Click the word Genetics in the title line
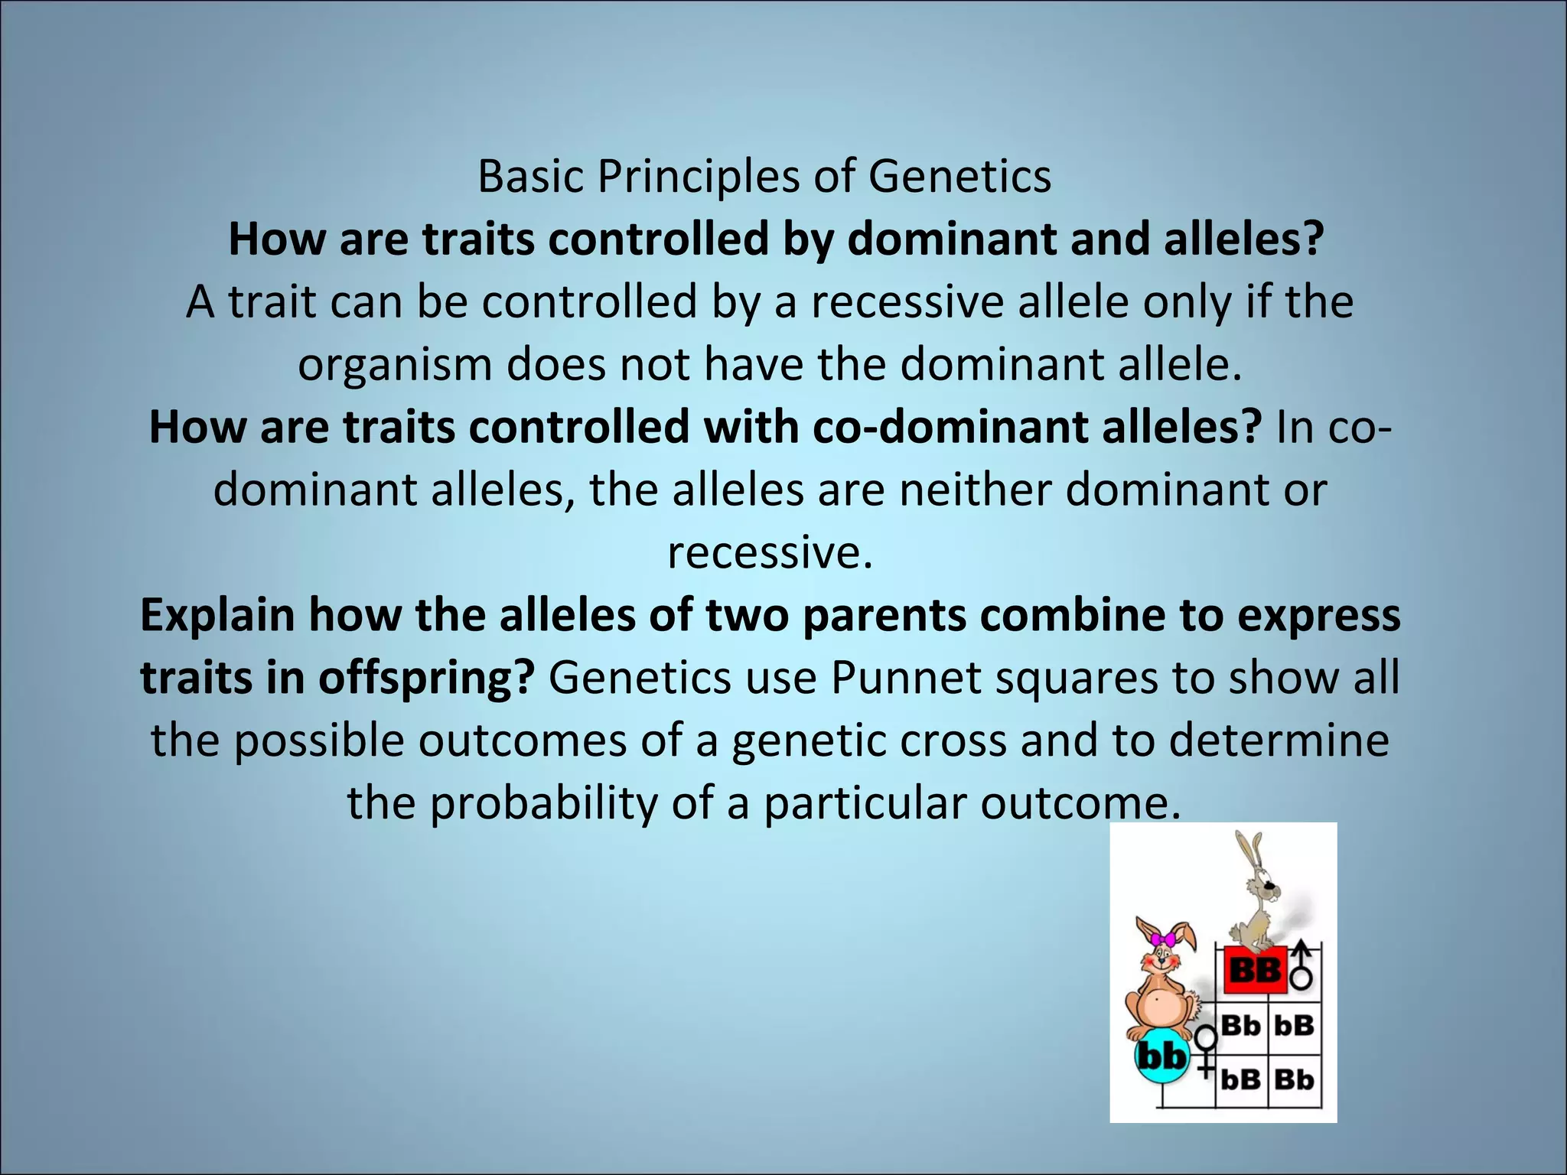coord(959,177)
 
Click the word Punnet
coord(906,678)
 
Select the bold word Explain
coord(217,615)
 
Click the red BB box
coord(1255,971)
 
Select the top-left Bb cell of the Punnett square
coord(1241,1025)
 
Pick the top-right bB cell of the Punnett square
coord(1294,1025)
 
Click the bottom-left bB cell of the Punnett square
coord(1241,1079)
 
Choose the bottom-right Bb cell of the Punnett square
coord(1294,1079)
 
